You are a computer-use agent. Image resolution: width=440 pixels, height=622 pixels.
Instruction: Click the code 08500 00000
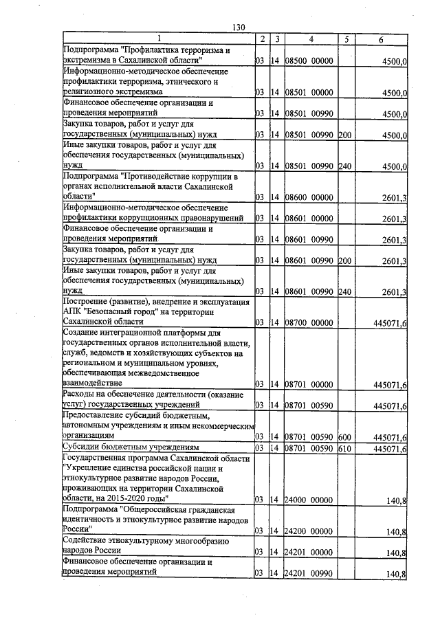tap(309, 62)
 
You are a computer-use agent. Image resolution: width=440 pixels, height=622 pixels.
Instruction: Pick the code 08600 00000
tap(309, 198)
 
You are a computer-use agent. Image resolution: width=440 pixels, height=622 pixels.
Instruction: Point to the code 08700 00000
tap(309, 322)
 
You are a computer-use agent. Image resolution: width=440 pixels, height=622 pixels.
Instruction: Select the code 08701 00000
tap(309, 384)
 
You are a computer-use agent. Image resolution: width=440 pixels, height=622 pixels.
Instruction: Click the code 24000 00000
tap(309, 500)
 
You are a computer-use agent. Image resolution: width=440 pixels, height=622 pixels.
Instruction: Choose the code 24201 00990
tap(309, 574)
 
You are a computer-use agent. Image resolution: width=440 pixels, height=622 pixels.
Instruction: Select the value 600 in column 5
tap(345, 437)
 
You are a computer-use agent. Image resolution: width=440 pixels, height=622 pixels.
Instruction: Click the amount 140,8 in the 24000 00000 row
tap(396, 500)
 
